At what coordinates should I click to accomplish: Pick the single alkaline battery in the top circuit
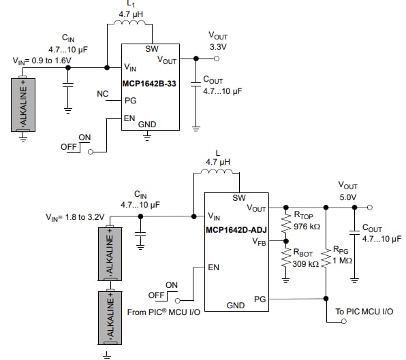tap(24, 103)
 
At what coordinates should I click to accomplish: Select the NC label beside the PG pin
tap(103, 93)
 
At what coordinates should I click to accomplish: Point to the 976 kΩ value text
tap(307, 226)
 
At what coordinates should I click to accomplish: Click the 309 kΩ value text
tap(307, 264)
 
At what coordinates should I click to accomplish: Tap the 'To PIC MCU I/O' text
tap(365, 311)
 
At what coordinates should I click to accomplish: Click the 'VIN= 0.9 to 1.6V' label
tap(42, 61)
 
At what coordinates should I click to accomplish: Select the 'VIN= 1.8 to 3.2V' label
tap(76, 217)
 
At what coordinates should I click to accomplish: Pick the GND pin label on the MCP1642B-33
tap(147, 125)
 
